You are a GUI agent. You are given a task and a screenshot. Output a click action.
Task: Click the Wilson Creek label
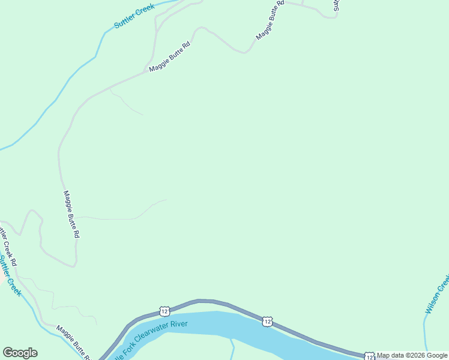coord(437,295)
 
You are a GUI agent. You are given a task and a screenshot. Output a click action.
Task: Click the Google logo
coord(20,353)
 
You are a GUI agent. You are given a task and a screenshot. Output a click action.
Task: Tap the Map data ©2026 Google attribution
coord(412,355)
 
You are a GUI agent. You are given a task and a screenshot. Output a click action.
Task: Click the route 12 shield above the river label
coord(164,311)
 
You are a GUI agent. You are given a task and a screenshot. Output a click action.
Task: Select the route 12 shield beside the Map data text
coord(369,356)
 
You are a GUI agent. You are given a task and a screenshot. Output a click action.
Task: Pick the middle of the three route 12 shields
coord(267,322)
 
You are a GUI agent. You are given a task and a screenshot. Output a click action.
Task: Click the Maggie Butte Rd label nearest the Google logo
coord(74,343)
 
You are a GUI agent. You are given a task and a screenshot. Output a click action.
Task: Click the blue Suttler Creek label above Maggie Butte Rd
coord(134,16)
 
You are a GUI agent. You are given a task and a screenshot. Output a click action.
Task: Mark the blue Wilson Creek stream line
coord(424,330)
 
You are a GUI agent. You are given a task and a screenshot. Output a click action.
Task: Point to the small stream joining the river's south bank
coord(232,348)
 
